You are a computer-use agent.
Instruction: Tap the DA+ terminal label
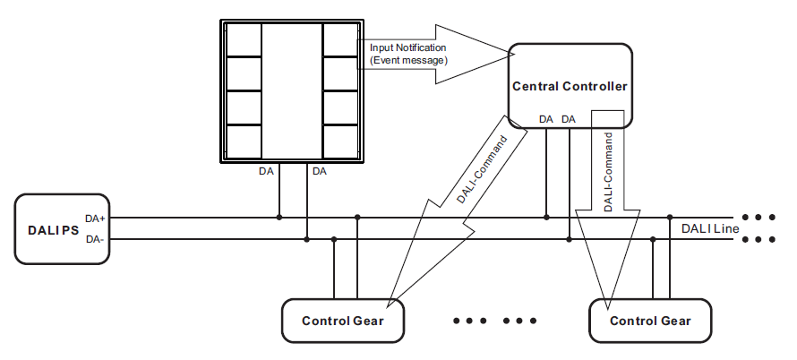pos(95,218)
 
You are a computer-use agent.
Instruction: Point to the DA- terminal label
pos(95,239)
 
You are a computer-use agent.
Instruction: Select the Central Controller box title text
pos(570,86)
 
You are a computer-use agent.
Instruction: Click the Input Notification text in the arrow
pos(407,47)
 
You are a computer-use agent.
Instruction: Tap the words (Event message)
pos(408,60)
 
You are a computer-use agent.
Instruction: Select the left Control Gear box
pos(343,321)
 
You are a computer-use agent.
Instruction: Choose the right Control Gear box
pos(651,321)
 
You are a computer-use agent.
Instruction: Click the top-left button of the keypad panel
pos(244,39)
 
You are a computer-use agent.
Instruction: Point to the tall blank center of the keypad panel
pos(292,90)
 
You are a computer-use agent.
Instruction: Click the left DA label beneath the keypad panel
pos(266,171)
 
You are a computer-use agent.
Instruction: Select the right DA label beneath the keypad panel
pos(320,171)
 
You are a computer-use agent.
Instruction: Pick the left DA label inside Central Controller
pos(546,118)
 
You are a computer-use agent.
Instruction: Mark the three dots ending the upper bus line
pos(758,218)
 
